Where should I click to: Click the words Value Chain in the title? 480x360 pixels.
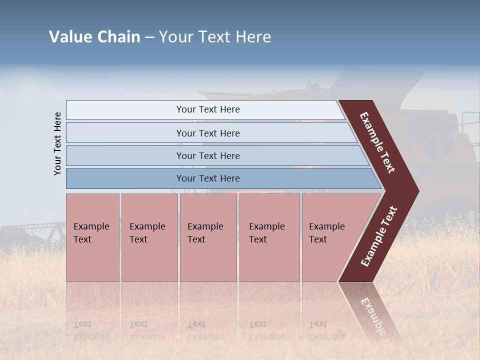[x=94, y=37]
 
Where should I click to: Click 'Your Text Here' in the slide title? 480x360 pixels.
[x=215, y=37]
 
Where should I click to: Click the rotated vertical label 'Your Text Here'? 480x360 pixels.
[x=57, y=143]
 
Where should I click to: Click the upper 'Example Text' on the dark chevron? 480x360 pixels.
[x=377, y=142]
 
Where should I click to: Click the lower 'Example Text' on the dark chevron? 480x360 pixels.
[x=379, y=236]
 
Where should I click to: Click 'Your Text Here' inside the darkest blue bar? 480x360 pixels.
[x=208, y=178]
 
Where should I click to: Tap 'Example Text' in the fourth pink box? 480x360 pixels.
[x=266, y=232]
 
